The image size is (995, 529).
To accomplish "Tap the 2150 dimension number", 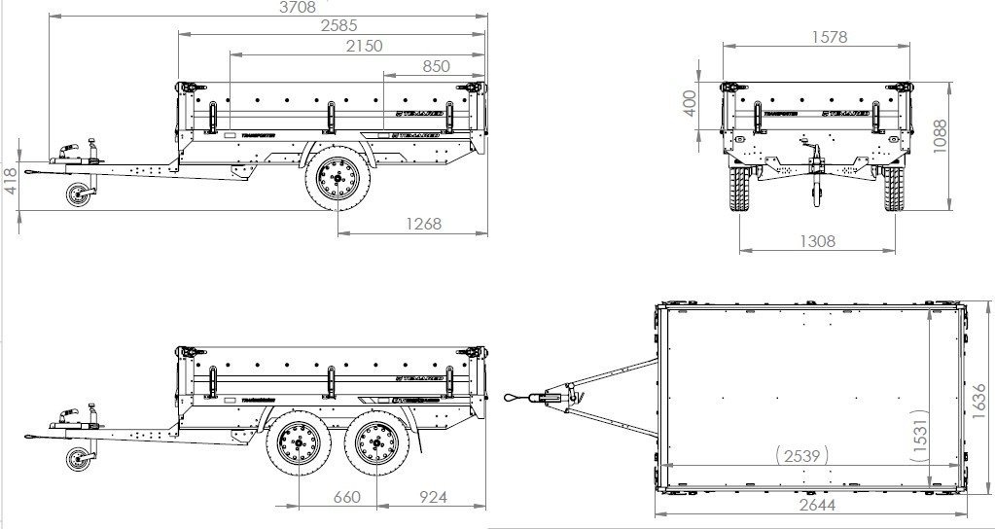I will (x=363, y=46).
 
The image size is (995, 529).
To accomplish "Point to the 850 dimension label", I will (x=436, y=66).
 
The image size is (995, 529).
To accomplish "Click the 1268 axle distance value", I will (x=419, y=224).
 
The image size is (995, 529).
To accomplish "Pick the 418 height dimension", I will (x=10, y=182).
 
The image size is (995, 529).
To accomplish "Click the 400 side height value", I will (x=690, y=103).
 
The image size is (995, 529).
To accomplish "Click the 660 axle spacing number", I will (x=347, y=497).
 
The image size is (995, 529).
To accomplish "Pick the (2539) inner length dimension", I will (x=801, y=453).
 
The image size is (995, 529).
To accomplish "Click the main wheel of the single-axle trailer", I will (x=336, y=181).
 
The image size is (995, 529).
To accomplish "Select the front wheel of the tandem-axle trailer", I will (x=298, y=447).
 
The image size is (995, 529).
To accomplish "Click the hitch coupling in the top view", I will (x=552, y=396).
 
